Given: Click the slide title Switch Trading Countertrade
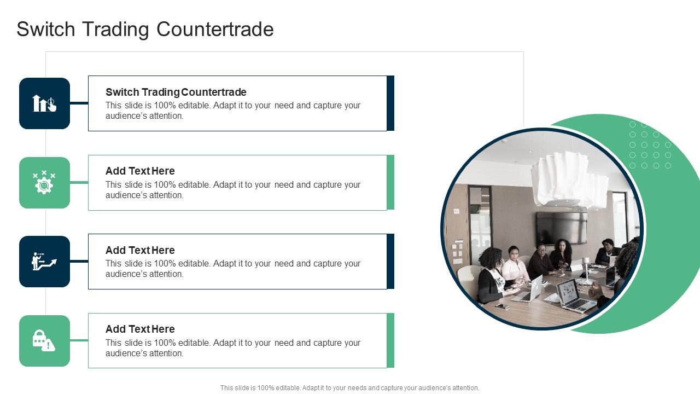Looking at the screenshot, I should (145, 29).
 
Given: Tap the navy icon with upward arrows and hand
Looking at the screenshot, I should (44, 103).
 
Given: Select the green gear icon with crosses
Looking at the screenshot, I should (44, 183).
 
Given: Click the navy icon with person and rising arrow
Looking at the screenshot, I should (44, 262).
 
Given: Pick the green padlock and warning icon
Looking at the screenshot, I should (44, 341).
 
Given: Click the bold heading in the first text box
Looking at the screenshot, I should (176, 92).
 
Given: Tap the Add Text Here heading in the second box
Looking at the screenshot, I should (140, 171).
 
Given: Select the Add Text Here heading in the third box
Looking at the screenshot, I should (140, 250).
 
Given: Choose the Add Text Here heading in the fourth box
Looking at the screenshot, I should (140, 329).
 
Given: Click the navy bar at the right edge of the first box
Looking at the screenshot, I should (390, 103).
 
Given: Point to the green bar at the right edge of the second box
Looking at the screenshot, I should (390, 183).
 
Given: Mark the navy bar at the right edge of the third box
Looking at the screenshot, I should (390, 262).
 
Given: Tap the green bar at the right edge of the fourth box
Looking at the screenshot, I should (390, 340).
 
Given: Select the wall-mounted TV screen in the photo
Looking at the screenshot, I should (562, 228).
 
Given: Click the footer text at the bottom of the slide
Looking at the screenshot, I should (349, 388).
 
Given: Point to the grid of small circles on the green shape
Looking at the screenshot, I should (650, 145).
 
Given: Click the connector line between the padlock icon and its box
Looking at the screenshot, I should (79, 340).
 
